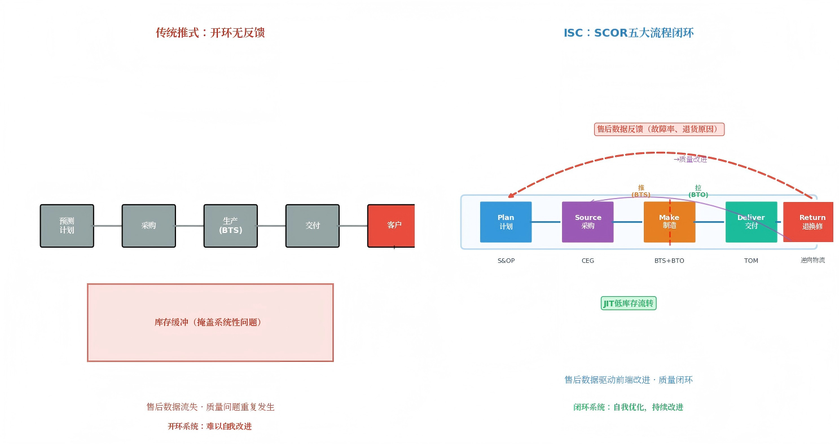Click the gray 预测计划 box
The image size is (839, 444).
67,226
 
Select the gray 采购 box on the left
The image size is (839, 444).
148,226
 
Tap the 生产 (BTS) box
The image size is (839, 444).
230,226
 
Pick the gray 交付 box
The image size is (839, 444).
312,226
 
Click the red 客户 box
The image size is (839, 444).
392,226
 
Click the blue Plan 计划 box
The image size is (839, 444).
506,222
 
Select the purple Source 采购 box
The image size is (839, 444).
587,222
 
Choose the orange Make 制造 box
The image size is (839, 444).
669,222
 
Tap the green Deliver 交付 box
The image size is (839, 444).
751,222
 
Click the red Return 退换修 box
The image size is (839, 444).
809,222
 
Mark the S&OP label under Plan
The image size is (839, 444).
506,261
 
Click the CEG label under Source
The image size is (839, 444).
587,261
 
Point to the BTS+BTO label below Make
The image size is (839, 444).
669,261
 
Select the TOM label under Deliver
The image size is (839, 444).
751,261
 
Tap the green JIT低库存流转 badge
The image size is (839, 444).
629,304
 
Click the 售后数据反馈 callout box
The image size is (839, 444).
659,129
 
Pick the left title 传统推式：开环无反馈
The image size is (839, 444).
210,33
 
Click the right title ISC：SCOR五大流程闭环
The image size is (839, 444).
629,33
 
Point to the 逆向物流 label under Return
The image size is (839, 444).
812,260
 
